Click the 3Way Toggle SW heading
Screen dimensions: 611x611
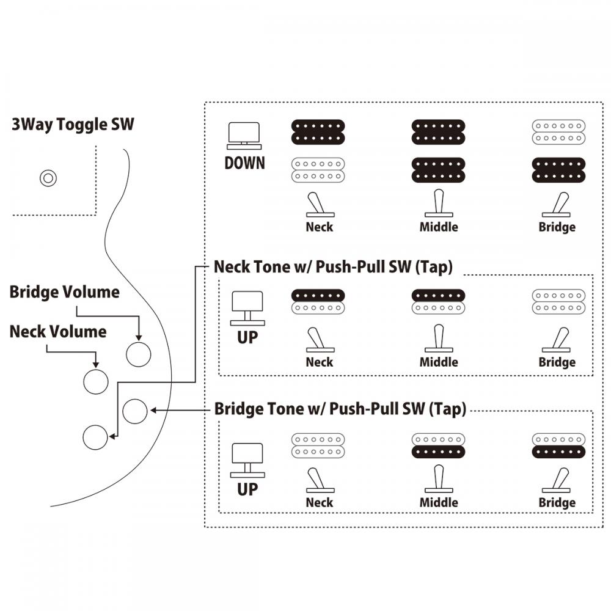tap(73, 125)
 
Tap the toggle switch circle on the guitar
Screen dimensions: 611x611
tap(48, 178)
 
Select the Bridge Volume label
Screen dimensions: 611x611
tap(64, 292)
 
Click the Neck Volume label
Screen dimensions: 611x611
tap(58, 332)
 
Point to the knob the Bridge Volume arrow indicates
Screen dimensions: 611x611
tap(138, 354)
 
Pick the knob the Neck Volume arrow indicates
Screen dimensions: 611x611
tap(95, 381)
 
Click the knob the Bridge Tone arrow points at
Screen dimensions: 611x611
tap(135, 411)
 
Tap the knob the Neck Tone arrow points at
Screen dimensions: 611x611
tap(95, 436)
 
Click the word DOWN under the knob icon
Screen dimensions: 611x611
tap(244, 163)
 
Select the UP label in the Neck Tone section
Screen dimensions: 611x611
tap(247, 337)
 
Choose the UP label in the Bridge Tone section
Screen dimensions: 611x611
tap(247, 489)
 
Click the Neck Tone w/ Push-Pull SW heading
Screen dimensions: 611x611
tap(333, 268)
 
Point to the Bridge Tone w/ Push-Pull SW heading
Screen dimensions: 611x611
tap(340, 409)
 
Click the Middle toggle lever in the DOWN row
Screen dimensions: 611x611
tap(438, 203)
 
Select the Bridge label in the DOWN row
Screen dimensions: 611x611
tap(557, 227)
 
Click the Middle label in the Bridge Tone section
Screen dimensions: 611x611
tap(438, 502)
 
